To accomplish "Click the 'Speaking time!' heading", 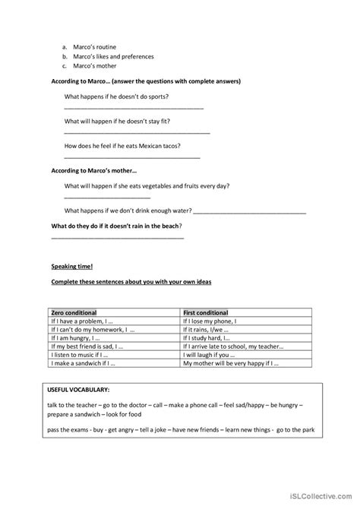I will coord(72,267).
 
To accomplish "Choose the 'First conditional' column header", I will coord(206,312).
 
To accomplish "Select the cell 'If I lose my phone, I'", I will coord(210,321).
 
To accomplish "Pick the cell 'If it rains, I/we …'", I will coord(209,330).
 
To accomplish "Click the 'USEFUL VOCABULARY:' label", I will coord(79,391).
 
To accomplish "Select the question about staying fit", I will coord(125,121).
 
